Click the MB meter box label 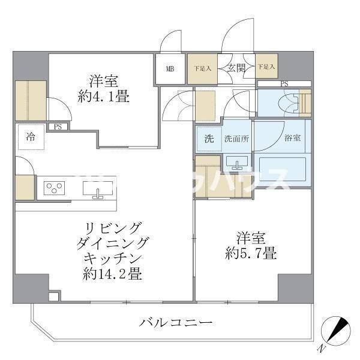pyautogui.click(x=170, y=68)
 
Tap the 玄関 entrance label pyautogui.click(x=236, y=68)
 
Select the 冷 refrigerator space pyautogui.click(x=29, y=136)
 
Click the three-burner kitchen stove pyautogui.click(x=55, y=188)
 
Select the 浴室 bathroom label pyautogui.click(x=293, y=138)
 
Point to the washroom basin pyautogui.click(x=239, y=163)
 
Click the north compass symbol pyautogui.click(x=334, y=331)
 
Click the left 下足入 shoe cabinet pyautogui.click(x=202, y=68)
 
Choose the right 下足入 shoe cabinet pyautogui.click(x=266, y=67)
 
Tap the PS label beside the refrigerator pyautogui.click(x=58, y=127)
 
